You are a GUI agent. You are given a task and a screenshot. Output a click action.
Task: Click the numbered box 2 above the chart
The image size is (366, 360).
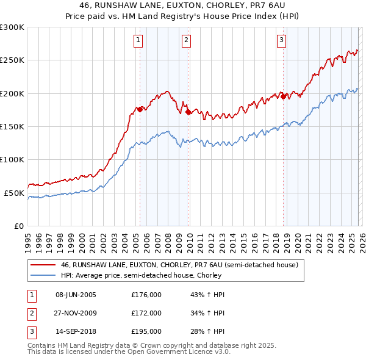[x=185, y=41]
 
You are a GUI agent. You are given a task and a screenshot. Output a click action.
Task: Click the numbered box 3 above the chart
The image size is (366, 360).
[x=281, y=41]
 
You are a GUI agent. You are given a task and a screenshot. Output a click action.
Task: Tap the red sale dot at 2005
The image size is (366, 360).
[x=140, y=109]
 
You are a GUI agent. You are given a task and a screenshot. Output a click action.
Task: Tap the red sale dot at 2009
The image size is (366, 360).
[x=188, y=112]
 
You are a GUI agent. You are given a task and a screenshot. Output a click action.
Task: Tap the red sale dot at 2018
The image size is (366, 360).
[x=283, y=96]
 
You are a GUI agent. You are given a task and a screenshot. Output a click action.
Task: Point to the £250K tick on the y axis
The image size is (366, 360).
[x=12, y=60]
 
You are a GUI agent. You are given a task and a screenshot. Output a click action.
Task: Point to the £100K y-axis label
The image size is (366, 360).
[x=12, y=159]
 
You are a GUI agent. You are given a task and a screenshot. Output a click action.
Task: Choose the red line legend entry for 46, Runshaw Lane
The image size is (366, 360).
[x=179, y=265]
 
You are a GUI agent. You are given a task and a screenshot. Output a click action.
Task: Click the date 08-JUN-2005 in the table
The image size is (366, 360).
[x=76, y=295]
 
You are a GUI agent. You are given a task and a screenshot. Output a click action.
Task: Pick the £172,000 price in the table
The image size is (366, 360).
[x=146, y=313]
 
